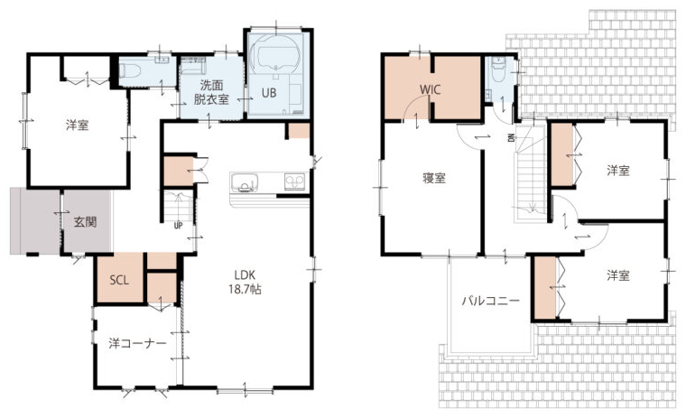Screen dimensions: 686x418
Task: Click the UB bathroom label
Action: (269, 93)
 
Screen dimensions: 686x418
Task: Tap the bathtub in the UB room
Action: (279, 56)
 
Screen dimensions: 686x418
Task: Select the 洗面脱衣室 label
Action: (211, 92)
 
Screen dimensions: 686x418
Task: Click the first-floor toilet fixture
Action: (129, 70)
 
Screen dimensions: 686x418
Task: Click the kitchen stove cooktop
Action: (294, 181)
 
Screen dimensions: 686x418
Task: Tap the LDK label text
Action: (245, 274)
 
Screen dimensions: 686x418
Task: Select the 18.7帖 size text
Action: (245, 289)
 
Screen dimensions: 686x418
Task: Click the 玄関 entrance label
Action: (85, 222)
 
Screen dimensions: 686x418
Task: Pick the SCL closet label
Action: (119, 280)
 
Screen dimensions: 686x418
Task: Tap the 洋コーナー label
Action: (138, 344)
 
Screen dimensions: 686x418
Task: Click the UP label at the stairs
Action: (178, 226)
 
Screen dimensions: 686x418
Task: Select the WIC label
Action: (431, 89)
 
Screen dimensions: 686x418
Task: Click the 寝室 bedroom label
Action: (434, 178)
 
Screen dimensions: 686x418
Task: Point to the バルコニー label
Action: (491, 302)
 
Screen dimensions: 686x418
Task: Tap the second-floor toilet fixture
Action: (498, 70)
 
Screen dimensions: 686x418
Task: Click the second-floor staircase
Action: (530, 175)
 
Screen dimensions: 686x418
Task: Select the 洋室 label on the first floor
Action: (78, 125)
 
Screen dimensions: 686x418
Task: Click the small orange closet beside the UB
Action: (299, 130)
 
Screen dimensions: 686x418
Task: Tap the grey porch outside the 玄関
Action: (35, 221)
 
